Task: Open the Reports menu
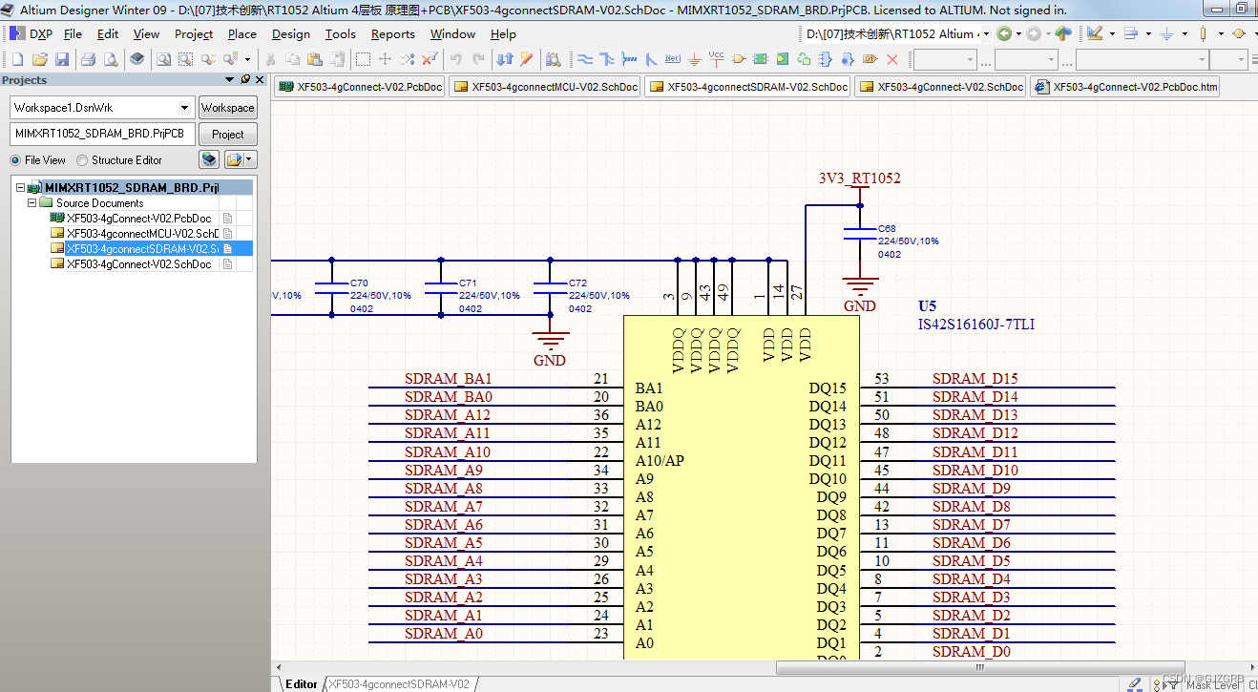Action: click(x=392, y=34)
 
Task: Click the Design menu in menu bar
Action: click(x=290, y=34)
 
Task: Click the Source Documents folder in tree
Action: click(x=99, y=203)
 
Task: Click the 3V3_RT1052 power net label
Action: click(x=859, y=178)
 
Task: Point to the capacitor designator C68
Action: click(x=887, y=229)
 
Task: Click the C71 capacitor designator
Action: click(x=468, y=283)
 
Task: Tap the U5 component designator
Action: click(x=927, y=306)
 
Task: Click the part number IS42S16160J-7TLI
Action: click(x=975, y=325)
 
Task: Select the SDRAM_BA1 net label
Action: click(x=448, y=379)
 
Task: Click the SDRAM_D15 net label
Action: click(x=975, y=379)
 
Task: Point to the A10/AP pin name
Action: click(x=660, y=461)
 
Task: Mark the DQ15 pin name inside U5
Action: click(x=828, y=388)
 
